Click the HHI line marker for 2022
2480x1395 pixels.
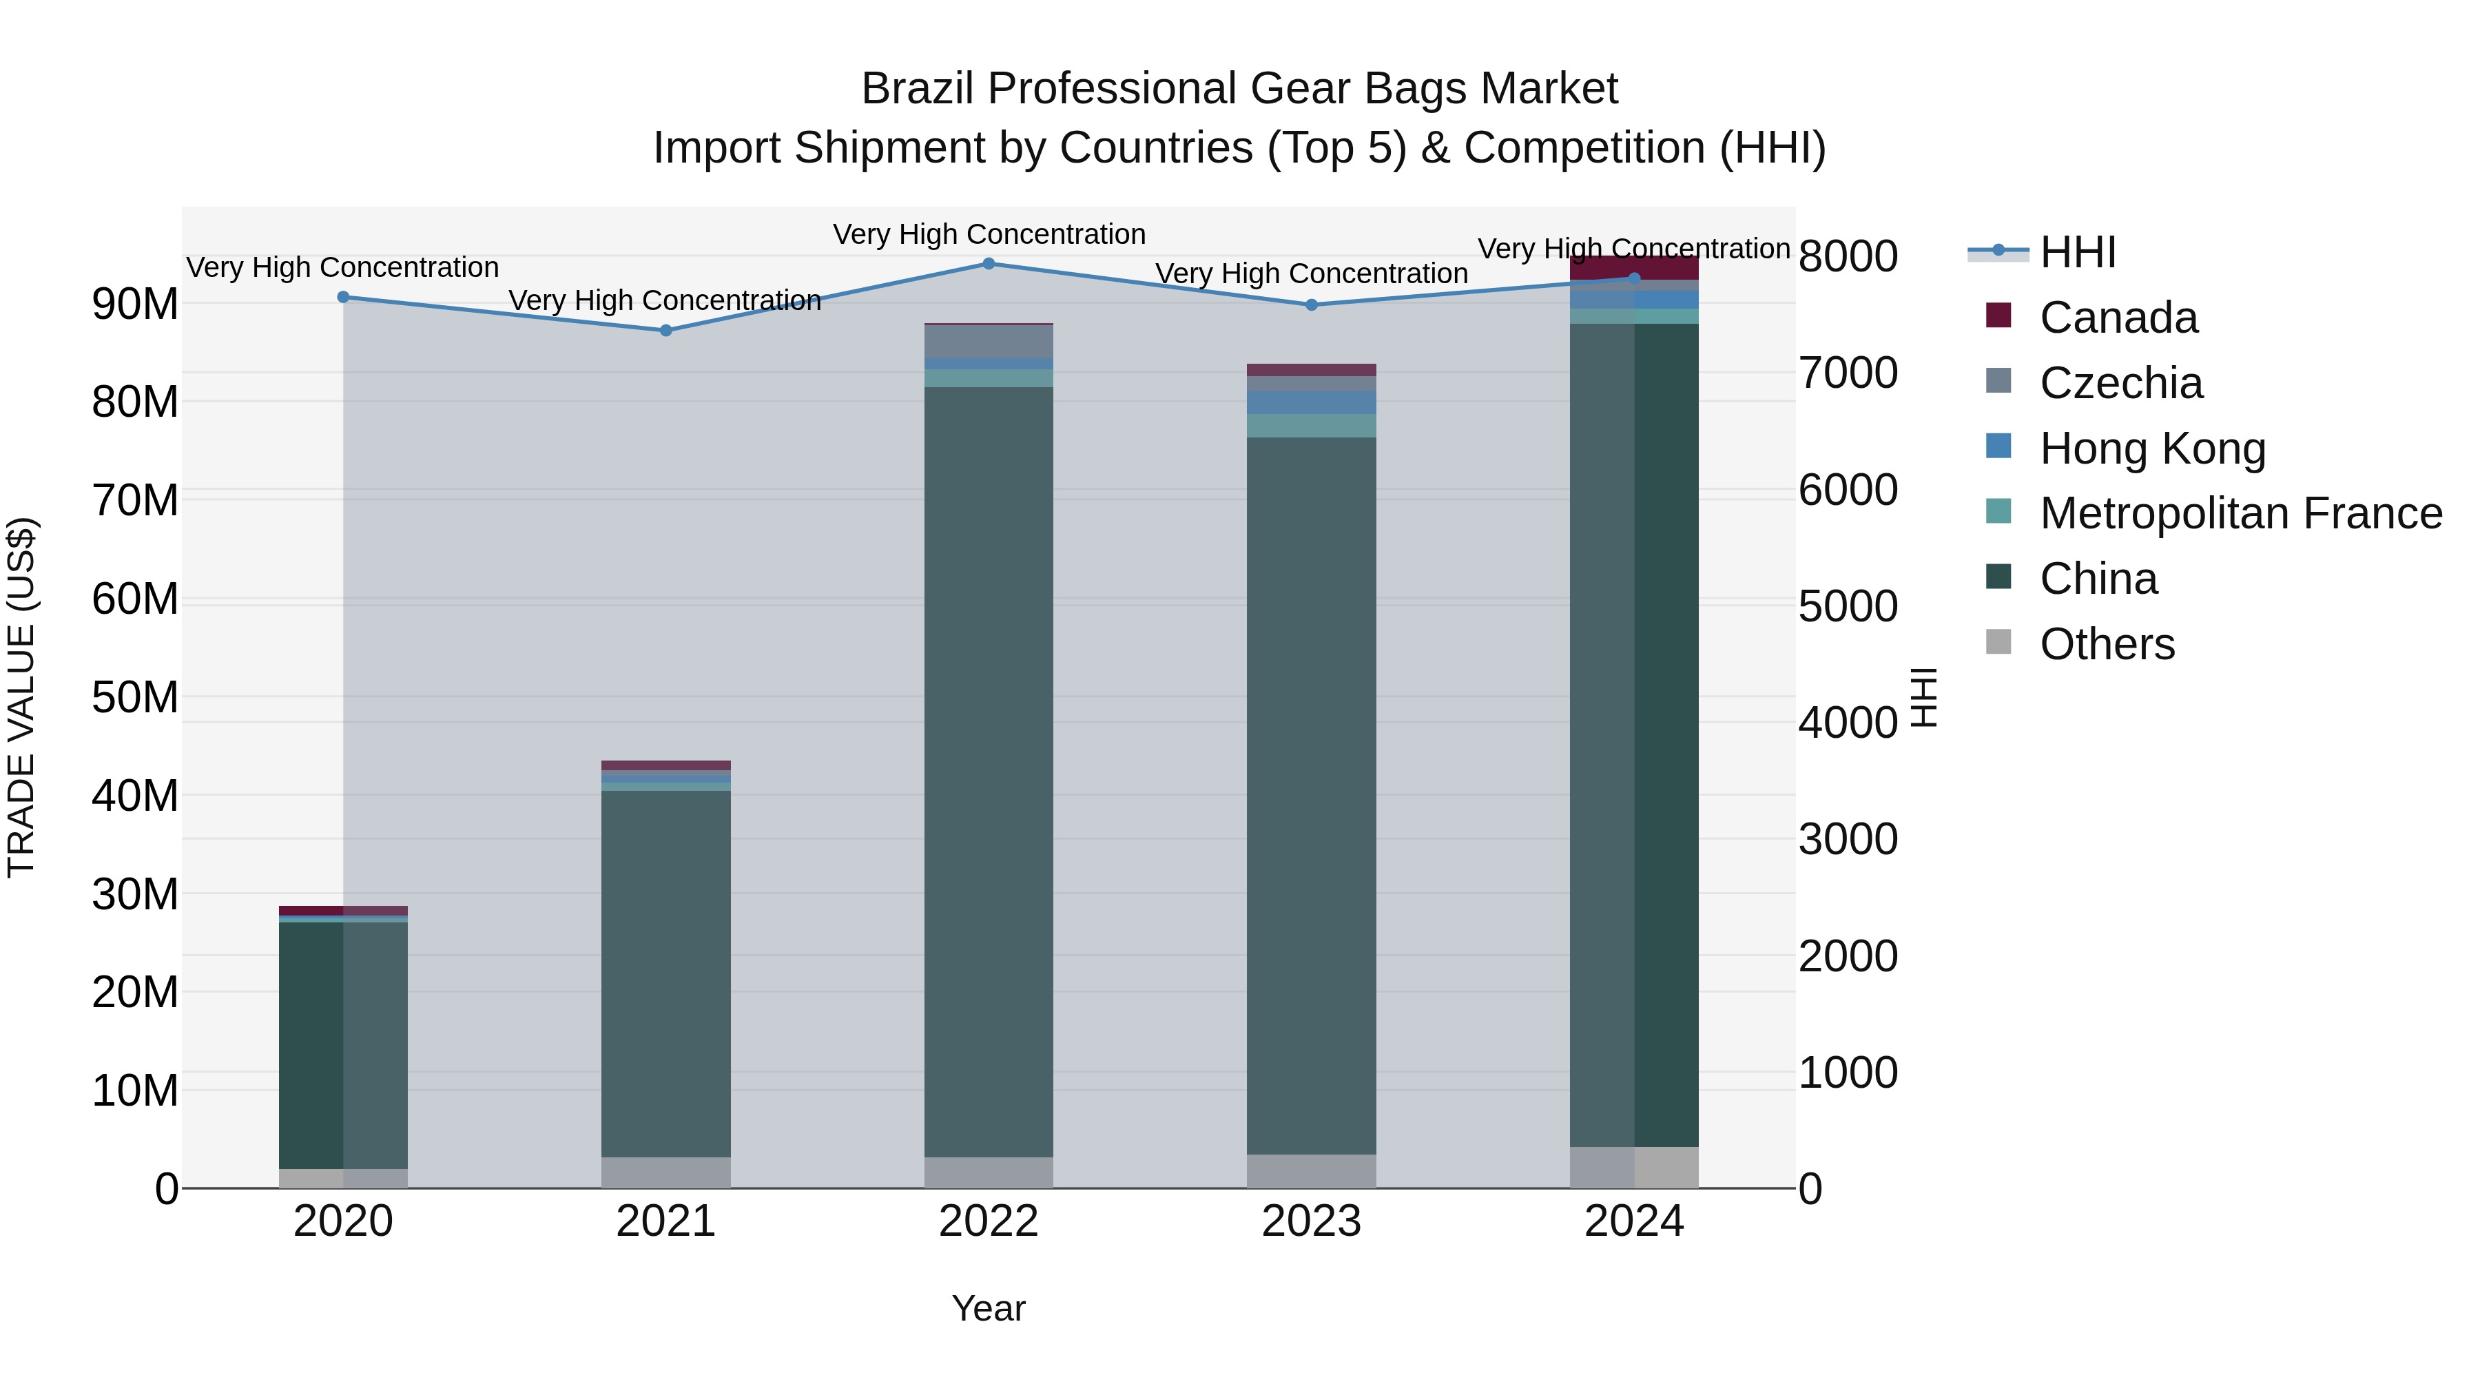(x=989, y=264)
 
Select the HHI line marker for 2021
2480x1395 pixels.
(x=666, y=330)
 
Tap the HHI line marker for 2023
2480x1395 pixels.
(x=1311, y=305)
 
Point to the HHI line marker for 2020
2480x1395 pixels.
(x=344, y=298)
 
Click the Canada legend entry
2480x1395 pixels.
(x=2118, y=318)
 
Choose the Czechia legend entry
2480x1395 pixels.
(x=2121, y=383)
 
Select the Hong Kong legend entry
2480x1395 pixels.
(x=2153, y=448)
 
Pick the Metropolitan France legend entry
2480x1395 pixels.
(x=2240, y=514)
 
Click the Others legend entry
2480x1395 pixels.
(x=2107, y=644)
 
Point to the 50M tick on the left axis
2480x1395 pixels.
(x=135, y=698)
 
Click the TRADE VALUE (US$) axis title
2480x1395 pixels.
(x=21, y=697)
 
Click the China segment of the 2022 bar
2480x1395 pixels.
(x=989, y=770)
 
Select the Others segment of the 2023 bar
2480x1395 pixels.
(x=1311, y=1172)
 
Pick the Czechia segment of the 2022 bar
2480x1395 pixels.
(x=989, y=342)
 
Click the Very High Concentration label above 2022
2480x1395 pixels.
(x=989, y=235)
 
